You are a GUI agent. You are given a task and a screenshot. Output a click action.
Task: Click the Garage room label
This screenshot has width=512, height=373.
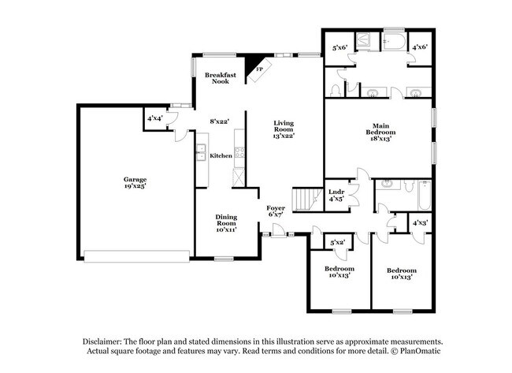click(135, 182)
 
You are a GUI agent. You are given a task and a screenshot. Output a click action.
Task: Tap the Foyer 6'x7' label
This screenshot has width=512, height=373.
click(276, 211)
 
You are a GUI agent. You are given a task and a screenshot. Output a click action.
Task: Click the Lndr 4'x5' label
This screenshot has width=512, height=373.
click(336, 194)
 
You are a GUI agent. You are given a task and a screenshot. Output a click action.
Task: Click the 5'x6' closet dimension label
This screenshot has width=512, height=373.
click(339, 48)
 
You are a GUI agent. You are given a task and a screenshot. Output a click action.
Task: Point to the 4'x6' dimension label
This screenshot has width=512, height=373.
click(420, 48)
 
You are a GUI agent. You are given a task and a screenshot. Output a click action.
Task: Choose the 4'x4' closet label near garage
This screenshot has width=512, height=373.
click(155, 118)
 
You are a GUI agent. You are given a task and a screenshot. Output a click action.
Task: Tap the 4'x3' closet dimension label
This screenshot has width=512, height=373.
click(420, 224)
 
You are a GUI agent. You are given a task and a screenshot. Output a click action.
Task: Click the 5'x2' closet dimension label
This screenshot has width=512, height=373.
click(338, 243)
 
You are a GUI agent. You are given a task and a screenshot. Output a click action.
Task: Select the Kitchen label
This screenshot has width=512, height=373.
click(221, 156)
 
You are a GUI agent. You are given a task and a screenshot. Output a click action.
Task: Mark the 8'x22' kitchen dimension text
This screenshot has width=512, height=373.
click(220, 121)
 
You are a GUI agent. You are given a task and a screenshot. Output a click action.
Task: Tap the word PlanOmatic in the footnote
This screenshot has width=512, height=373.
click(423, 351)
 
